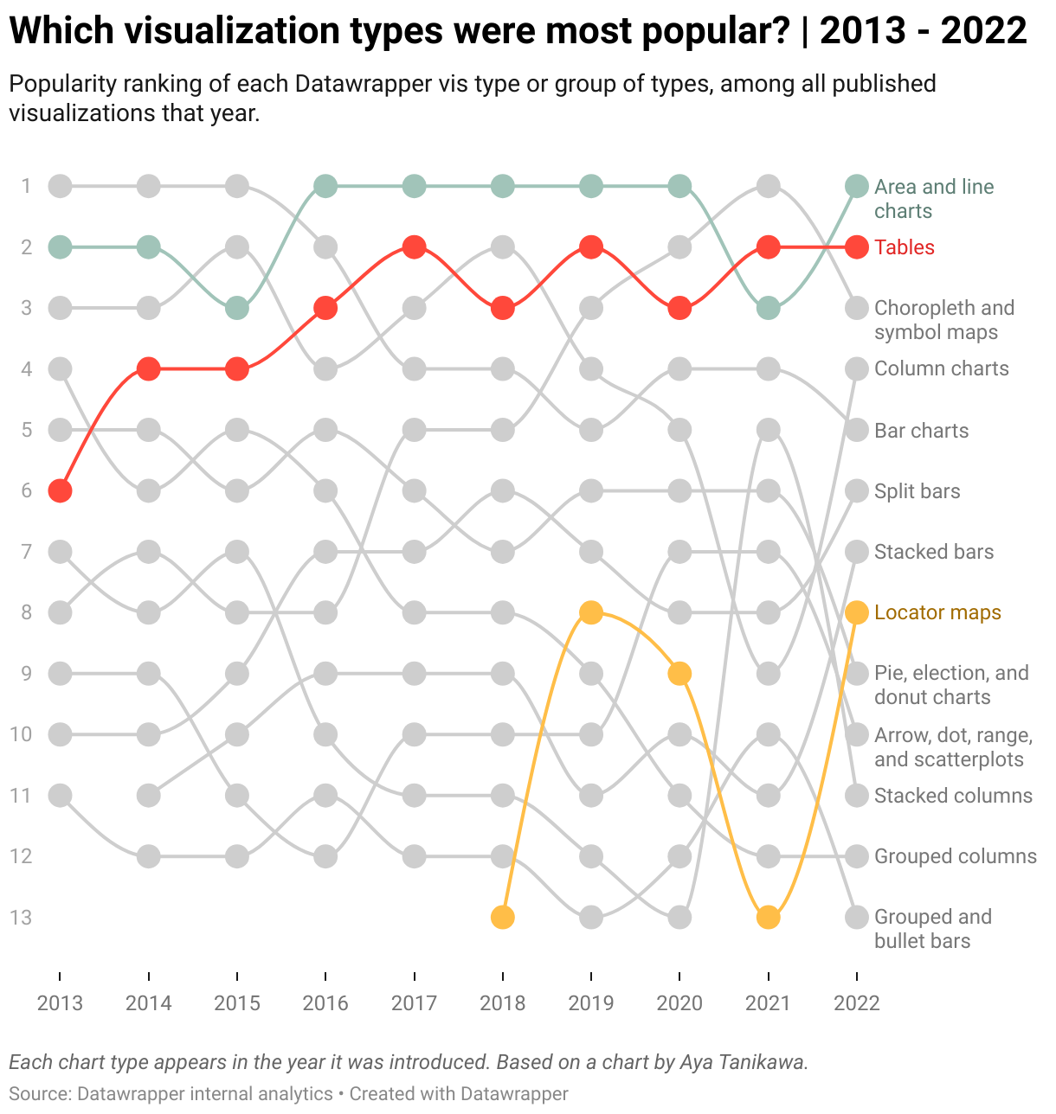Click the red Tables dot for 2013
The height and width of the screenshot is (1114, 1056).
click(60, 491)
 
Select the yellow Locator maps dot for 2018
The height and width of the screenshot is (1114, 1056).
click(503, 917)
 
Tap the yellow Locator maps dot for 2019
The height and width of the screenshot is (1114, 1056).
click(591, 612)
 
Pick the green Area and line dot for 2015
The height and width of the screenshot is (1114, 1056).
click(237, 308)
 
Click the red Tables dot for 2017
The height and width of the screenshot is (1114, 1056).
click(415, 247)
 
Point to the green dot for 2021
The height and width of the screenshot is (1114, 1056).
click(768, 308)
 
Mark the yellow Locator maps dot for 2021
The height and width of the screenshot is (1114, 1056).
click(768, 917)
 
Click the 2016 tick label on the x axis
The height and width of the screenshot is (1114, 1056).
click(325, 1003)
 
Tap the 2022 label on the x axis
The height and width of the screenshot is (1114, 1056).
click(856, 1003)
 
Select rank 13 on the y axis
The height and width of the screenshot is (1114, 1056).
click(21, 917)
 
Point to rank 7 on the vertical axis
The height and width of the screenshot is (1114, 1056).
click(26, 552)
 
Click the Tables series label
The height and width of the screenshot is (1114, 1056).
click(905, 247)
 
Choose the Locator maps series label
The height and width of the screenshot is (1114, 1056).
click(937, 612)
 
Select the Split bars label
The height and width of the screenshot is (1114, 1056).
click(917, 491)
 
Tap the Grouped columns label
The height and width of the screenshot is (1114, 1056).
click(955, 856)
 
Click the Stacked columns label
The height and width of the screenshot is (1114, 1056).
click(953, 796)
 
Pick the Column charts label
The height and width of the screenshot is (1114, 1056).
click(941, 368)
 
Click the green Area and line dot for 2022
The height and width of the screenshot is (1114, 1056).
click(856, 186)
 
